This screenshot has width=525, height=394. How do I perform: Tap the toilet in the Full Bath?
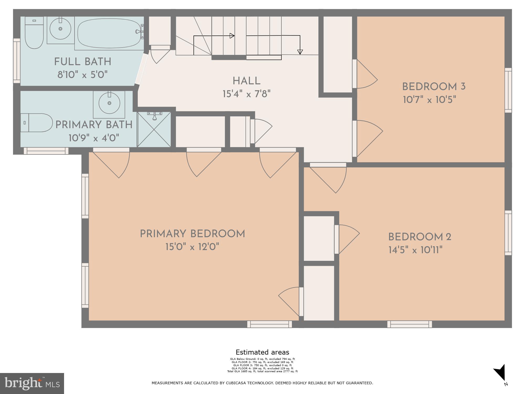pyautogui.click(x=34, y=33)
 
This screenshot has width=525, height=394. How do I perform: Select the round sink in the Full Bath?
pyautogui.click(x=60, y=29)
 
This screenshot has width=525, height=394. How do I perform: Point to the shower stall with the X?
pyautogui.click(x=154, y=129)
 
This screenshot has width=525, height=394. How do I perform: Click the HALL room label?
pyautogui.click(x=246, y=81)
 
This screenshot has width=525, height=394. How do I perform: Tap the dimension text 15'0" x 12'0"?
pyautogui.click(x=192, y=247)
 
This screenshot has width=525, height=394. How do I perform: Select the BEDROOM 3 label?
pyautogui.click(x=434, y=87)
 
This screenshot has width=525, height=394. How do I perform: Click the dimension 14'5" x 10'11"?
pyautogui.click(x=416, y=250)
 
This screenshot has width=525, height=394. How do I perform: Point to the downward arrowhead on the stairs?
pyautogui.click(x=300, y=52)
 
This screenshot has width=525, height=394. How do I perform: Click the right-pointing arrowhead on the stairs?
pyautogui.click(x=232, y=36)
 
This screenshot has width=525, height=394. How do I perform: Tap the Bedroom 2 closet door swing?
pyautogui.click(x=348, y=239)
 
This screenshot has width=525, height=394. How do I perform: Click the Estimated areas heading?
pyautogui.click(x=262, y=352)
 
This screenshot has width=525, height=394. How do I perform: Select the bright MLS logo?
pyautogui.click(x=32, y=383)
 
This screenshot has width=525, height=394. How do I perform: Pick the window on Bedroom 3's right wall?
pyautogui.click(x=508, y=90)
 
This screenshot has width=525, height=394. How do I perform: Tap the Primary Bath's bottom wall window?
pyautogui.click(x=46, y=151)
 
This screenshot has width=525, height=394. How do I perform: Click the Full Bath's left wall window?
pyautogui.click(x=17, y=61)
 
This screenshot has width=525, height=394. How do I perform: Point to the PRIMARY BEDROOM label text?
pyautogui.click(x=192, y=234)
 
